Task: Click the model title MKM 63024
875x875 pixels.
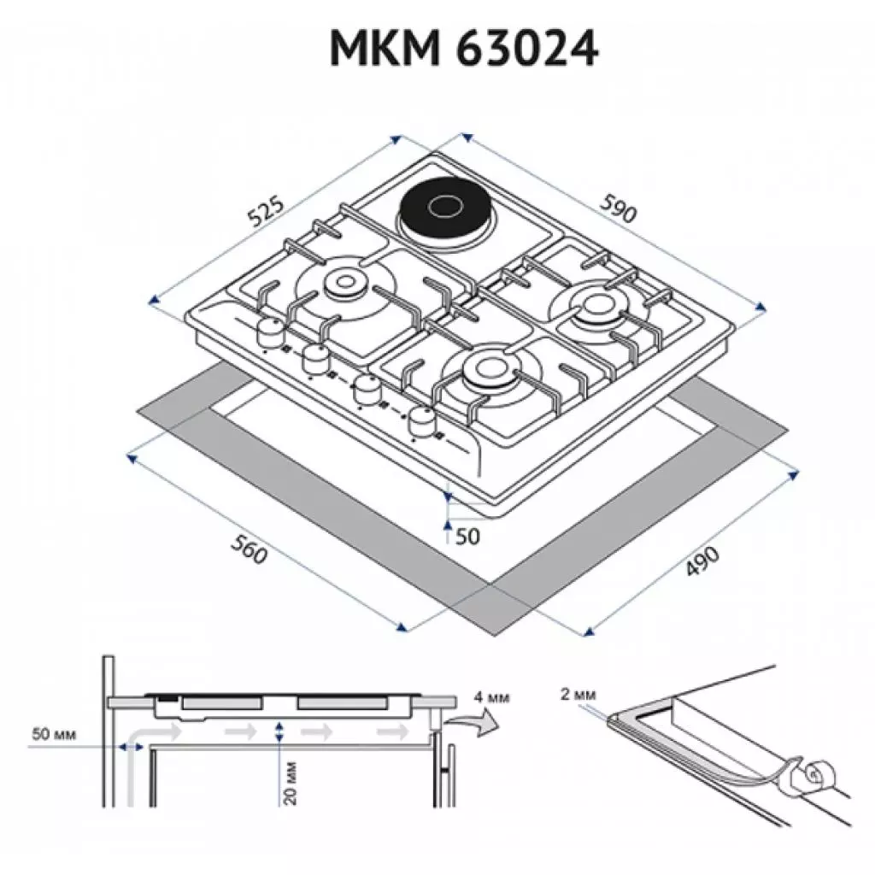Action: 464,50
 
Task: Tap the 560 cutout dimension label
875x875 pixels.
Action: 249,554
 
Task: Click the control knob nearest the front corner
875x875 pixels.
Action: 422,419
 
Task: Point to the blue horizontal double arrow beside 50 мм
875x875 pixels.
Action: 131,747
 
